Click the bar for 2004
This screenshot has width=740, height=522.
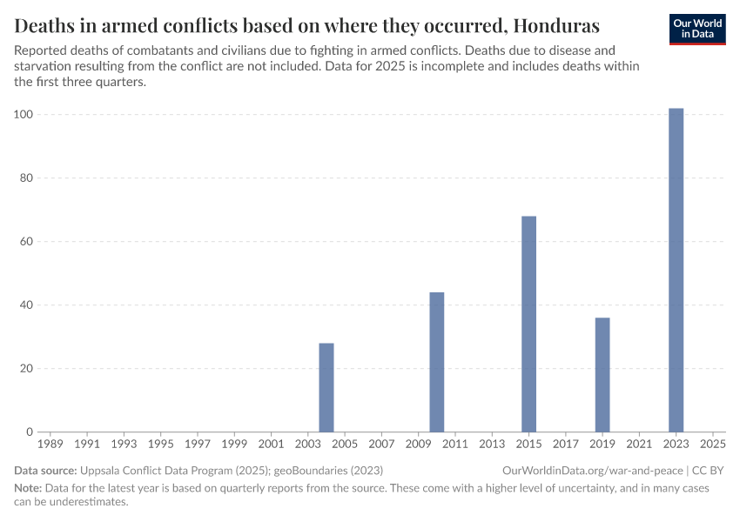tap(326, 387)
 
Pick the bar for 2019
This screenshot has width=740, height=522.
tap(602, 374)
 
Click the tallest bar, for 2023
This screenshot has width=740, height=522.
tap(676, 270)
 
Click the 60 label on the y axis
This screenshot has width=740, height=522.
tap(27, 242)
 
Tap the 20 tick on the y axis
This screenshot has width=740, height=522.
tap(27, 369)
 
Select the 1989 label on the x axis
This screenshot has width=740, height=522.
tap(50, 445)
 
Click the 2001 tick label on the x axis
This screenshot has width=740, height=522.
tap(271, 445)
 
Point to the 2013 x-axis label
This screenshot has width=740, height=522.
tap(492, 445)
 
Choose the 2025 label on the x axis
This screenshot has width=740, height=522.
tap(712, 445)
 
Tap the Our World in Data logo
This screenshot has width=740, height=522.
tap(698, 28)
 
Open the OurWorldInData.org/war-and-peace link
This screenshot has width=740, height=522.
tap(593, 471)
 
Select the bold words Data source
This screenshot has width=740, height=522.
tap(45, 471)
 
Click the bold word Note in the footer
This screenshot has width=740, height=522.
tap(28, 488)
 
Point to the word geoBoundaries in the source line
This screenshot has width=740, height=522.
tap(312, 471)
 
